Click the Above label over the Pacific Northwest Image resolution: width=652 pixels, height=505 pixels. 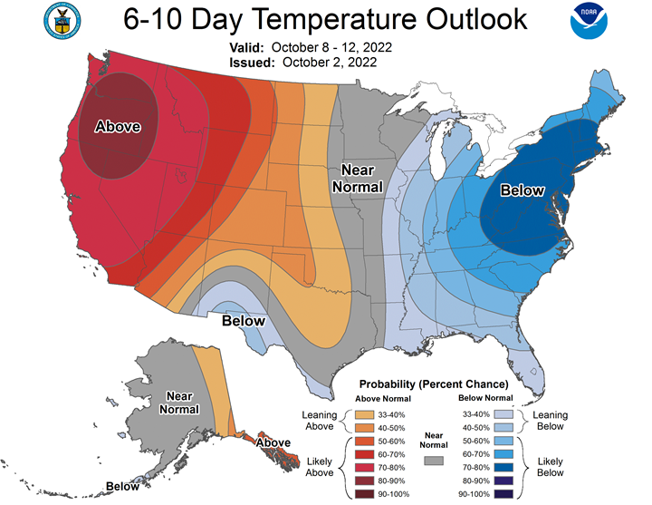click(x=118, y=127)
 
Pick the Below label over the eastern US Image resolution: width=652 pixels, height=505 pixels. click(x=523, y=190)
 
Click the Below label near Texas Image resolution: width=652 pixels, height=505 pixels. click(x=244, y=320)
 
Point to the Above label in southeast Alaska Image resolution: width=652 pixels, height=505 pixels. click(x=273, y=442)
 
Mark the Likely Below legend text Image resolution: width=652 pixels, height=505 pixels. click(x=550, y=466)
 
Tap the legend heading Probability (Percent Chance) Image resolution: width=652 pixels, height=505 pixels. click(x=433, y=384)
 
